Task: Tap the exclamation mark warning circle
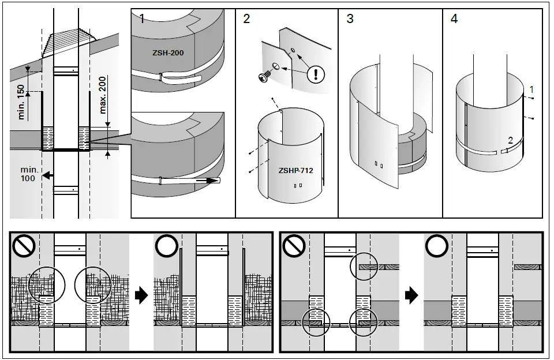317,74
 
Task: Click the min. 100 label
28,174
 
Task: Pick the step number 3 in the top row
350,19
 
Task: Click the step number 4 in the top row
454,19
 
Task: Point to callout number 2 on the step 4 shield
510,140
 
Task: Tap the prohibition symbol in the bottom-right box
294,247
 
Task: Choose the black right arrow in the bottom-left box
140,297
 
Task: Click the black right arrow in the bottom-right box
411,297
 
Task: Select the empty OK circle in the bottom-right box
437,247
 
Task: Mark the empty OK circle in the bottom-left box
166,247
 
